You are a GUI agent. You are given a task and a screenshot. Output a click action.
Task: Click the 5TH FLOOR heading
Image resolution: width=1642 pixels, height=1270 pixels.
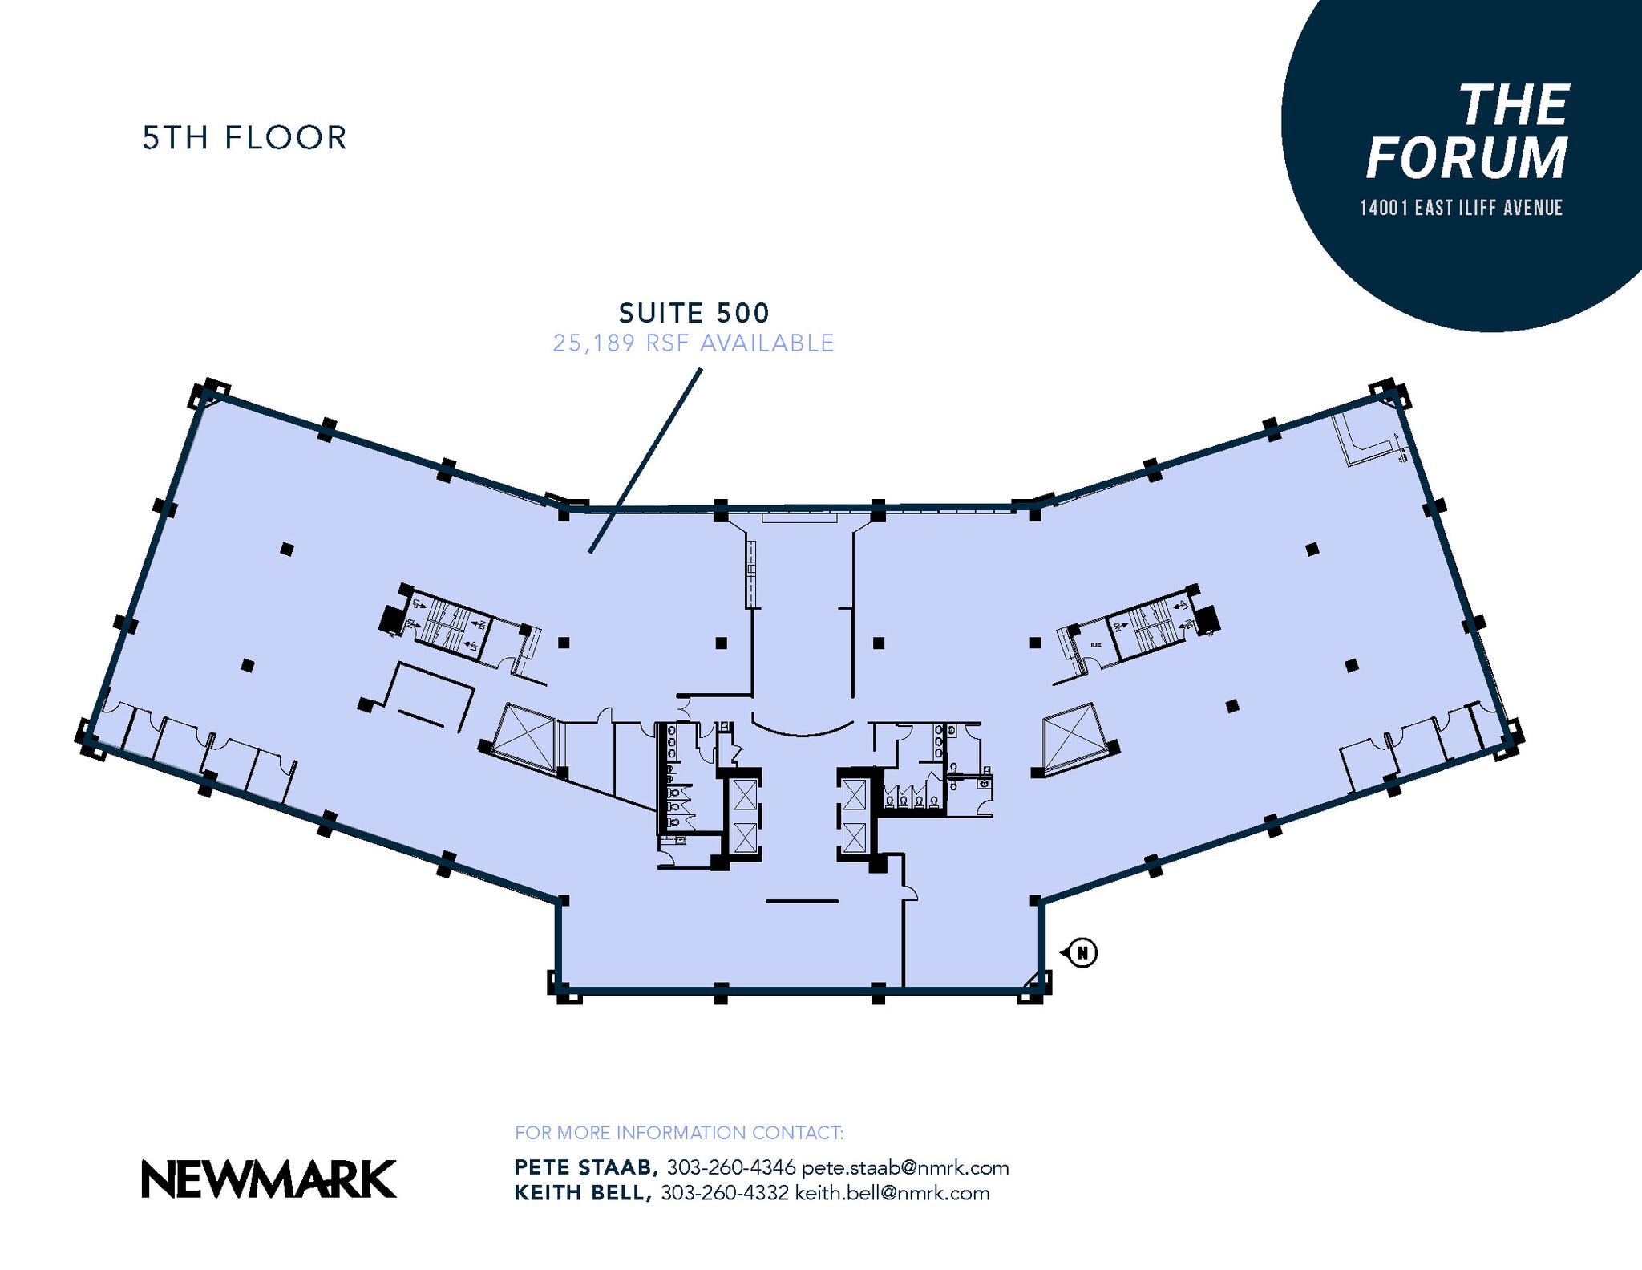tap(245, 138)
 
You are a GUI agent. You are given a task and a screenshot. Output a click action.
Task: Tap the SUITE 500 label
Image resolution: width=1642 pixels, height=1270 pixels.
tap(694, 312)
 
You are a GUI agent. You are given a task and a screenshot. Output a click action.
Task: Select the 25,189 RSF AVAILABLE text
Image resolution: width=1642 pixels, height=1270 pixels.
tap(694, 343)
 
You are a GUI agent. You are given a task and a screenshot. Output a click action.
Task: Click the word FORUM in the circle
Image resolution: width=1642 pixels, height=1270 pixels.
tap(1466, 158)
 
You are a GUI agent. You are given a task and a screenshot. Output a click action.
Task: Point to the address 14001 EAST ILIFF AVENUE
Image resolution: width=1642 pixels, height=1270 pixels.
tap(1461, 209)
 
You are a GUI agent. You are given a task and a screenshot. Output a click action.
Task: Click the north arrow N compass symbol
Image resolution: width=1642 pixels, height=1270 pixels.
tap(1082, 953)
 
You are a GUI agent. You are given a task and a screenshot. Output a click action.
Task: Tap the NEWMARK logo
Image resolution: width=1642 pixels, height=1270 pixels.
tap(269, 1179)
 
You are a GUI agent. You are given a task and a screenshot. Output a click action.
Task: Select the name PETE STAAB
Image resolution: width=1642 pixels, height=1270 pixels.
tap(586, 1167)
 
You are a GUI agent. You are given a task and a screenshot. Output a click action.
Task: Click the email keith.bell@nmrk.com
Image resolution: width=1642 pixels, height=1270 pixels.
tap(892, 1193)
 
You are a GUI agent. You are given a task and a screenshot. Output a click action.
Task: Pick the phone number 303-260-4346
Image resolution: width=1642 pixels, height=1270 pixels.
tap(730, 1167)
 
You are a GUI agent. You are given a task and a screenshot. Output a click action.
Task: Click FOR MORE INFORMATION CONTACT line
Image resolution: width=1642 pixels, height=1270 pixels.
tap(678, 1133)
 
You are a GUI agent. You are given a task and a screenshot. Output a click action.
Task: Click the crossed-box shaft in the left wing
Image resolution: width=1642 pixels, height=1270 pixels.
tap(524, 737)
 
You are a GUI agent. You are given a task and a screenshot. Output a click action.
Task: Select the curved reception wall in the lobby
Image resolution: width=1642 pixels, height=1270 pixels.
tap(802, 728)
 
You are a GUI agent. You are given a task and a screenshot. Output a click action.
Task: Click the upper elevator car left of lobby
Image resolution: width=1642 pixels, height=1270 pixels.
tap(744, 797)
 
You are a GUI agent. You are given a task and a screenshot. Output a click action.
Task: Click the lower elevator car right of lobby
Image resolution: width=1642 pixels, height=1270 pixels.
tap(855, 838)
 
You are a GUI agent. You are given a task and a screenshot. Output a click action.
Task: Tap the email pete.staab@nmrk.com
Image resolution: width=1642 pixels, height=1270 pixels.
tap(905, 1167)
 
